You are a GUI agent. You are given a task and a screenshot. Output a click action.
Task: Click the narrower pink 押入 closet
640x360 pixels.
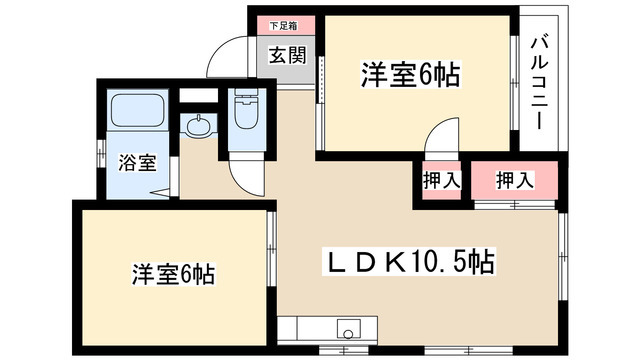[x=440, y=181]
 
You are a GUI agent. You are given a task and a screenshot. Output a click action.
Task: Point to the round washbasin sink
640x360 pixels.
[x=198, y=127]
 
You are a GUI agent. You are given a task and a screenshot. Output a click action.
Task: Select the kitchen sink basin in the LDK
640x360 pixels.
[x=349, y=328]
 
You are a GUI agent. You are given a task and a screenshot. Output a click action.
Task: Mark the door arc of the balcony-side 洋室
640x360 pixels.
[x=439, y=137]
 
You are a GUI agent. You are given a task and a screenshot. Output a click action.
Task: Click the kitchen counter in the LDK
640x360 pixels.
[x=320, y=328]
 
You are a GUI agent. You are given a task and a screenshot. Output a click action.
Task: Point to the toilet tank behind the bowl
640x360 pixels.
[x=245, y=100]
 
